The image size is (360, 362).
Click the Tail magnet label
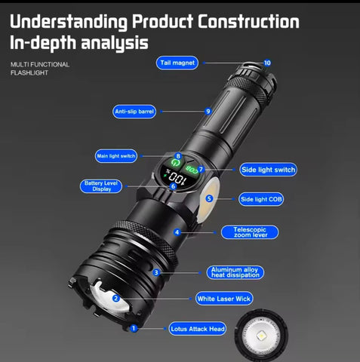click(x=178, y=63)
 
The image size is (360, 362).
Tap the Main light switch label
click(x=116, y=156)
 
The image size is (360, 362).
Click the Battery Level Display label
click(x=101, y=186)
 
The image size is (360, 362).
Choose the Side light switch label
click(x=268, y=170)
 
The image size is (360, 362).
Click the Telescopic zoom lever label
click(x=250, y=232)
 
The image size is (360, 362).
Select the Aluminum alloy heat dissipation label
click(x=235, y=272)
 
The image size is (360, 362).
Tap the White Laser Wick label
click(x=224, y=299)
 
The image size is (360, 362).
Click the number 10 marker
click(x=267, y=63)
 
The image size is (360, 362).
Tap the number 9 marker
click(x=208, y=112)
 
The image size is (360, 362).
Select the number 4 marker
click(x=177, y=232)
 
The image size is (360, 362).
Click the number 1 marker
click(x=134, y=328)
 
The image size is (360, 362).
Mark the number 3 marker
click(x=156, y=272)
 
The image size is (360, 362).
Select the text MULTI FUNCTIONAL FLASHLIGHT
click(x=40, y=69)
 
